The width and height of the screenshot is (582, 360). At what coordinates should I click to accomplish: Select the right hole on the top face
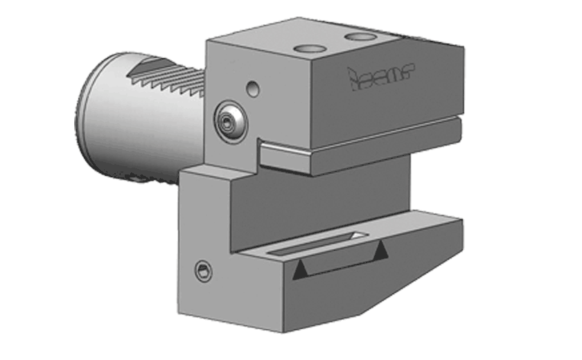point(359,35)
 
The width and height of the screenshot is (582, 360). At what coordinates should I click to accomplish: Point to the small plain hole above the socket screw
point(254,89)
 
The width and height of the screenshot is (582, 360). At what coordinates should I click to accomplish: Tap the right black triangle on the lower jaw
point(380,253)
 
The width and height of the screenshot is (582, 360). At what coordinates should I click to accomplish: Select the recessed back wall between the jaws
point(319,201)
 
